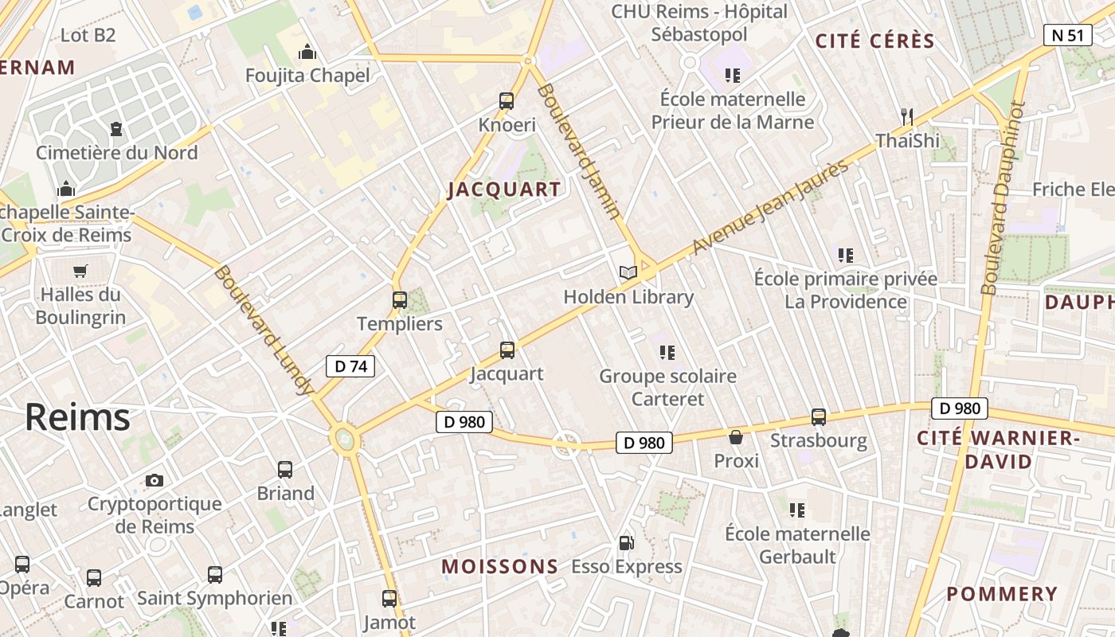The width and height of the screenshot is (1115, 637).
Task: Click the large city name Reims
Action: coord(77,417)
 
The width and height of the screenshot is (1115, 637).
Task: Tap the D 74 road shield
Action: coord(350,366)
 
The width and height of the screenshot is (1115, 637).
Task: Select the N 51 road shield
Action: coord(1067,35)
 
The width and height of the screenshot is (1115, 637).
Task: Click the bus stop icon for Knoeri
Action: coord(507,101)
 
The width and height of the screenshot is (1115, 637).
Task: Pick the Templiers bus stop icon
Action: coord(400,300)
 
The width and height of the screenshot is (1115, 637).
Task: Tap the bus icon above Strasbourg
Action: coord(819,416)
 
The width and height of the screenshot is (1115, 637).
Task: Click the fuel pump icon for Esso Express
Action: coord(627,543)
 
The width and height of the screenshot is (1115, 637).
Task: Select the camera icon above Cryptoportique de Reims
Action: coord(155,480)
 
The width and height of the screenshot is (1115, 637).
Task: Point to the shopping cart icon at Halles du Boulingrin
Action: coord(80,271)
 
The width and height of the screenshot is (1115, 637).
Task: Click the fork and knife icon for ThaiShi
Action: coord(906,116)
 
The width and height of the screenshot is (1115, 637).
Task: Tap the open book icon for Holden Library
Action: coord(628,272)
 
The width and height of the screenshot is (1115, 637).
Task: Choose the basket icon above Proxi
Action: coord(736,437)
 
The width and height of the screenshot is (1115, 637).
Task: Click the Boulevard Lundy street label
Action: coord(262,330)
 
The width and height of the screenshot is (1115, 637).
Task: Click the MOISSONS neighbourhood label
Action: coord(500,567)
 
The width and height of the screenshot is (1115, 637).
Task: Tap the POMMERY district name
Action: coord(1002,594)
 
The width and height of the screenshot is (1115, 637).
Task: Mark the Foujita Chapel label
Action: coord(307,76)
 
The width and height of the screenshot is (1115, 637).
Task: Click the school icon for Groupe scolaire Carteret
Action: coord(667,352)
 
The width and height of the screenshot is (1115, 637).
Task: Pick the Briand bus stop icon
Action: coord(285,470)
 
